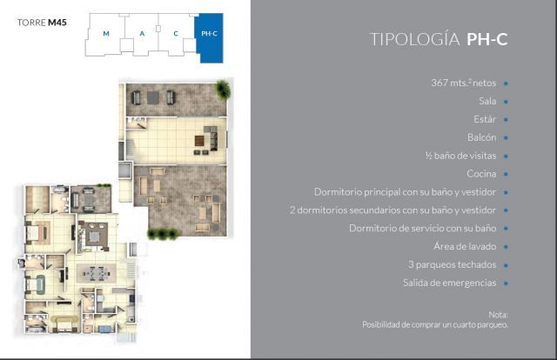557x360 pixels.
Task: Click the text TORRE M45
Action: point(42,23)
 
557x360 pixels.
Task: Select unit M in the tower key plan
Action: point(106,34)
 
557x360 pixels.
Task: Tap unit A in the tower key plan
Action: point(142,34)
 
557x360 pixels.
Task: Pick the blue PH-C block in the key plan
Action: point(210,37)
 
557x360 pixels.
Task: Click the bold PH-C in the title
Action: point(487,39)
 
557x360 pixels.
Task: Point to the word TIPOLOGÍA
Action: point(414,39)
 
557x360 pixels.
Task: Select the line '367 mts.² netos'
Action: point(464,83)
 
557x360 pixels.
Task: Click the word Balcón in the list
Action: point(481,137)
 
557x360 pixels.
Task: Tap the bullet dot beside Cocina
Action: point(506,174)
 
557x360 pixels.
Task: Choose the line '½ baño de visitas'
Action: point(460,156)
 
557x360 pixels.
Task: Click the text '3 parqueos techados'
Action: point(452,264)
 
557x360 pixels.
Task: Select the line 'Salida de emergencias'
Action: point(450,283)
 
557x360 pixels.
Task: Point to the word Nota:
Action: point(498,315)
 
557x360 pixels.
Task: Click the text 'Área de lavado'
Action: point(465,246)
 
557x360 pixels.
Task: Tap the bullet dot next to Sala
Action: point(506,101)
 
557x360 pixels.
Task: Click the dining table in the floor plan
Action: point(96,273)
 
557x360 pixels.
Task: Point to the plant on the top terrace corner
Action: point(223,89)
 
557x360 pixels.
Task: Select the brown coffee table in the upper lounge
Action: point(199,141)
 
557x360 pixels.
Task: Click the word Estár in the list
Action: point(485,119)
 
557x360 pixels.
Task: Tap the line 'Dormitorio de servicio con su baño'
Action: point(423,228)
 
